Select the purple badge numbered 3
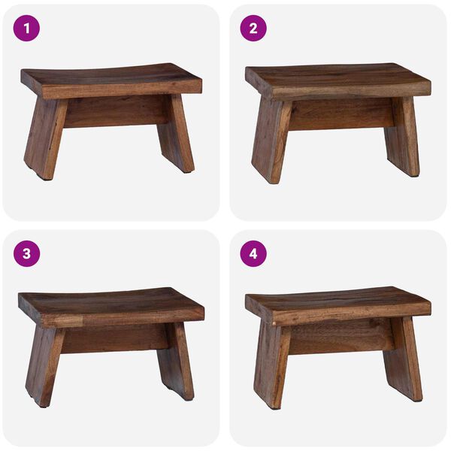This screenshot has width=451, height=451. tap(27, 253)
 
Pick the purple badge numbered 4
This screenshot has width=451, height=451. tap(253, 253)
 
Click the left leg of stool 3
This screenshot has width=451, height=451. tap(44, 365)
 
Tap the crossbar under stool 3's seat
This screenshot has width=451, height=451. tap(114, 338)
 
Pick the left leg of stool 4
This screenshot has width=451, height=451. tap(271, 364)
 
